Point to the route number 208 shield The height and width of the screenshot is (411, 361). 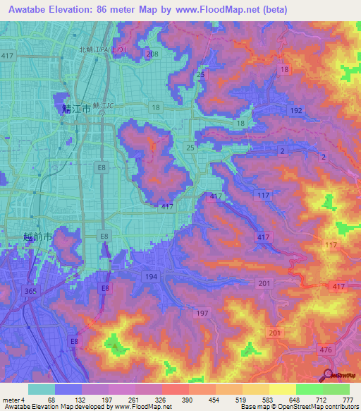click(x=152, y=54)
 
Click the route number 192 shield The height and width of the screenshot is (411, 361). click(x=295, y=111)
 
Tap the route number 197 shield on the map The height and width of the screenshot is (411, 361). click(x=203, y=312)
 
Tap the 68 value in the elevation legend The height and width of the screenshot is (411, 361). click(x=51, y=400)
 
